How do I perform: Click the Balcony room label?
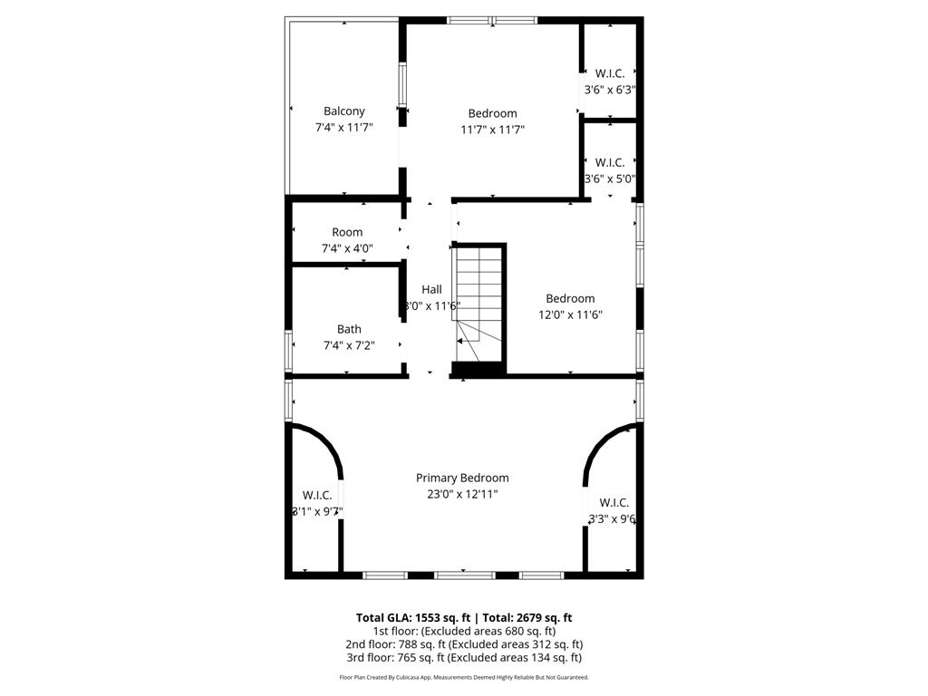(x=343, y=111)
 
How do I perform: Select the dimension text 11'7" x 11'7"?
(x=492, y=130)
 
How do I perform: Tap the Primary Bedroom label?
(x=462, y=478)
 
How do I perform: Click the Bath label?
(x=349, y=329)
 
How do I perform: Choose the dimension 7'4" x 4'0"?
(x=347, y=248)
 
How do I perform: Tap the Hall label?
(x=431, y=289)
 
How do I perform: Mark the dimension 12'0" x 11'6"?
(x=570, y=315)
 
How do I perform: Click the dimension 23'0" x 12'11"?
(x=462, y=494)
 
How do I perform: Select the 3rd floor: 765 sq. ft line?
(x=463, y=658)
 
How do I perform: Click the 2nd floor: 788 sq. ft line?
(x=463, y=644)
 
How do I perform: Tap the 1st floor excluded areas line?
(x=463, y=631)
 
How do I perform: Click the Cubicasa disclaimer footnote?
(x=463, y=677)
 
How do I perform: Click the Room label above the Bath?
(x=347, y=232)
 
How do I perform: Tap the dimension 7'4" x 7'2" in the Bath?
(x=349, y=345)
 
